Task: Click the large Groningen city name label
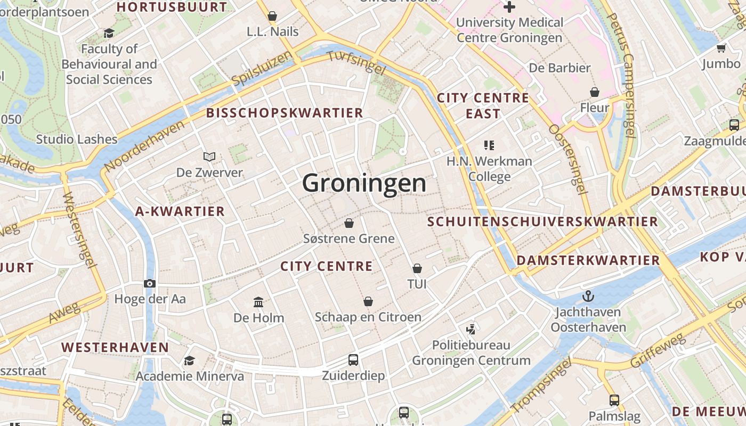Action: [x=364, y=183]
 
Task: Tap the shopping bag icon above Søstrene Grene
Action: [x=349, y=223]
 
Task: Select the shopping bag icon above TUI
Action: [x=417, y=268]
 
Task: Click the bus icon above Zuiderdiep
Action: [x=353, y=359]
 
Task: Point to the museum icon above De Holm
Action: [x=258, y=302]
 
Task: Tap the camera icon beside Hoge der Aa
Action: [x=150, y=283]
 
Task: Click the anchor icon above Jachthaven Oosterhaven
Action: [x=588, y=296]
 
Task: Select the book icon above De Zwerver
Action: [x=209, y=157]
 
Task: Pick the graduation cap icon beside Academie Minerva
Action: [x=189, y=361]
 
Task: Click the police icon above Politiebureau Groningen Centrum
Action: [x=471, y=329]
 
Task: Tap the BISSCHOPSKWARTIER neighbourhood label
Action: [x=285, y=113]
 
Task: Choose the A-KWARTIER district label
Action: [x=180, y=211]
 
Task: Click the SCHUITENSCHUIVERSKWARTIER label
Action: [x=543, y=222]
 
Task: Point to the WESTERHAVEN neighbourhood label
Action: [x=115, y=348]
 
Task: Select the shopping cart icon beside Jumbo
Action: [x=721, y=48]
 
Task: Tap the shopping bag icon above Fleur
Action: [x=594, y=92]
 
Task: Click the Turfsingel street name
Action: [x=356, y=63]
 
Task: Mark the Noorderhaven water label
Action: [x=145, y=145]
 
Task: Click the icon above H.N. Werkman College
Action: [x=489, y=145]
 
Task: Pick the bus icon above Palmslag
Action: [x=614, y=400]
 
